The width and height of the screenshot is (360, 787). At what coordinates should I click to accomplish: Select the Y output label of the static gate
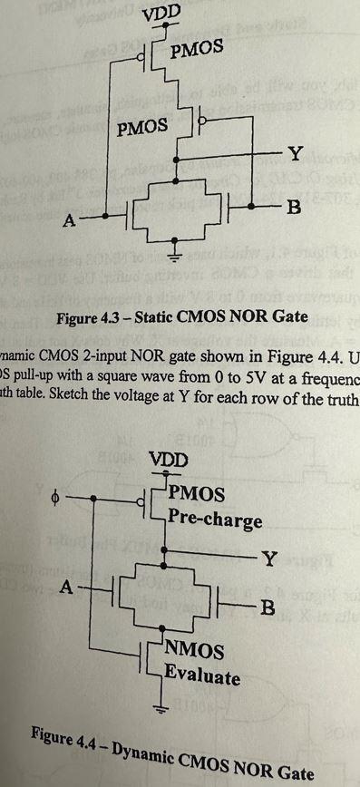point(292,151)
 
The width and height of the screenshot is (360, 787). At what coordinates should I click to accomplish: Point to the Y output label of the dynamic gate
point(269,558)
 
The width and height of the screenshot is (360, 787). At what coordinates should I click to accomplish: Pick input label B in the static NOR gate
point(292,209)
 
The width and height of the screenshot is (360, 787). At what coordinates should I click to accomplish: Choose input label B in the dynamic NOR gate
point(267,607)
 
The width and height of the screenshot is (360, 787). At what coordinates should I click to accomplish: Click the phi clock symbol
point(57,497)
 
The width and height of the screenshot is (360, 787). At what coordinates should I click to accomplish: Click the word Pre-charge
point(215,521)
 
